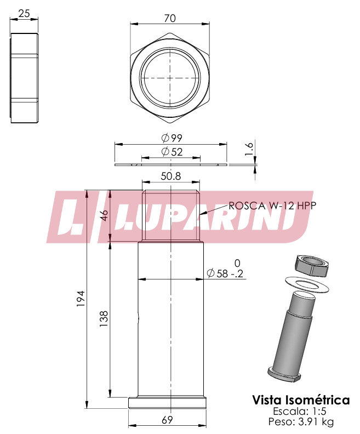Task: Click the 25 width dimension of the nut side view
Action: tap(24, 13)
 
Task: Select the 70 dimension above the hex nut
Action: tap(170, 18)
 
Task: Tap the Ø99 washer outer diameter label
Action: tap(172, 138)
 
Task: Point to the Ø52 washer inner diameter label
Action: tap(172, 152)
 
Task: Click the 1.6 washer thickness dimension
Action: tap(249, 149)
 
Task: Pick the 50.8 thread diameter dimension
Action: tap(171, 176)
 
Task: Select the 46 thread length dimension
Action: tap(104, 215)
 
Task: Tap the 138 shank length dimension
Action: tap(104, 318)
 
